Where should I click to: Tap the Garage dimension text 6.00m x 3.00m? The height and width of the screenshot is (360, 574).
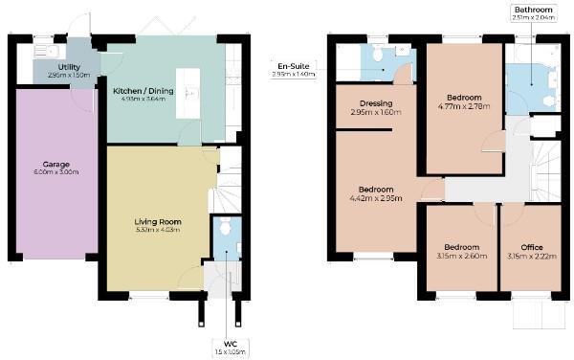click(x=56, y=171)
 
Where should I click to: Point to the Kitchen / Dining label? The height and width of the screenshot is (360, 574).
click(x=143, y=91)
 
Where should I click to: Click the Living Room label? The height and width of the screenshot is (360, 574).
click(x=157, y=221)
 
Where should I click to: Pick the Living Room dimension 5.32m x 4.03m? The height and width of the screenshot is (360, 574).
click(x=157, y=231)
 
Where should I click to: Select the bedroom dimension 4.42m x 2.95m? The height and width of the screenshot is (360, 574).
click(x=377, y=198)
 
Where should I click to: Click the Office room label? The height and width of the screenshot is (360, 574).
click(x=531, y=247)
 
